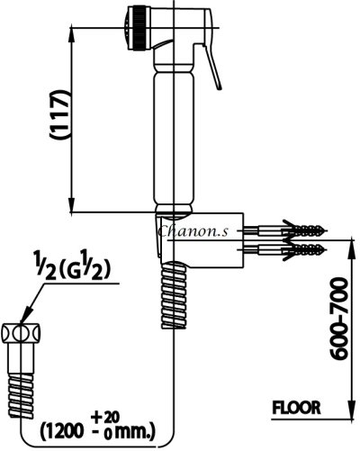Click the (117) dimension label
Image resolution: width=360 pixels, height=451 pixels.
[60, 114]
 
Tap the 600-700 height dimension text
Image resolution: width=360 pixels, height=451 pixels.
[339, 319]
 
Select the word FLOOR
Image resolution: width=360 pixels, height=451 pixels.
[296, 408]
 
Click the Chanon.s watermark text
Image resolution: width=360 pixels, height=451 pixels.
[193, 231]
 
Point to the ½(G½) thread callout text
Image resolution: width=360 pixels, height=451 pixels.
[71, 268]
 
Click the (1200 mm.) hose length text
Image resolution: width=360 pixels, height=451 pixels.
[97, 430]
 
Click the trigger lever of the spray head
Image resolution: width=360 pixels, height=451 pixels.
[211, 66]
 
